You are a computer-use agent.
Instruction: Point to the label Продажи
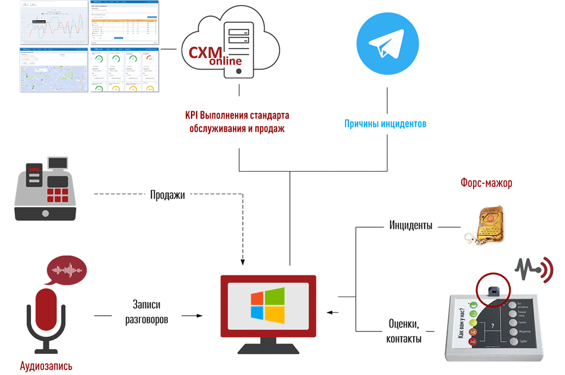coord(167,195)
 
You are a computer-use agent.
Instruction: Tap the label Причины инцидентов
coord(385,123)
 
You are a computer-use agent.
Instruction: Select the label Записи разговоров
coord(146,312)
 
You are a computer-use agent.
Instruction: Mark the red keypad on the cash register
coord(57,195)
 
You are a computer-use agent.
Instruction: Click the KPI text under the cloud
coord(237,121)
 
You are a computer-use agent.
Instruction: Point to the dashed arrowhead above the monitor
coord(242,261)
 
